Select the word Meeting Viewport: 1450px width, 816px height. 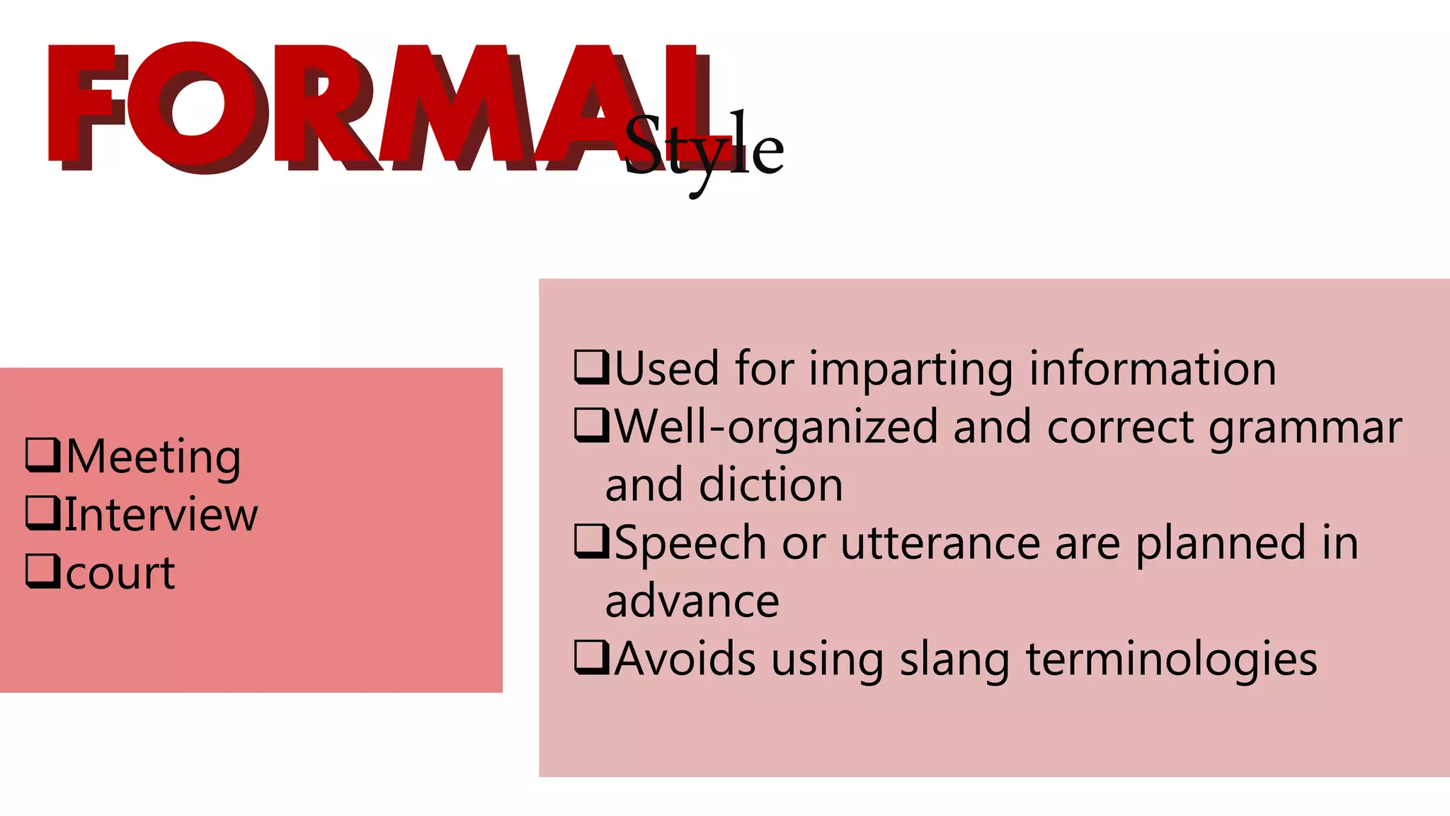coord(154,457)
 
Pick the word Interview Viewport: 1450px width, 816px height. coord(161,515)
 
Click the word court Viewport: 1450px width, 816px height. coord(120,573)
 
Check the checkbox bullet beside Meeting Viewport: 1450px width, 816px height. coord(42,454)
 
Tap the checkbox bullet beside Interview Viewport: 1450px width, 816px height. coord(42,512)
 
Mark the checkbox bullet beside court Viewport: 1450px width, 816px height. coord(42,570)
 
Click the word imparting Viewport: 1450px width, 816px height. coord(910,370)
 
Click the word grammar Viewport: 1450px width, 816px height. coord(1305,429)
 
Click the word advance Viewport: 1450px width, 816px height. coord(692,601)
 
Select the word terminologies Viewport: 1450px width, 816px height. coord(1171,661)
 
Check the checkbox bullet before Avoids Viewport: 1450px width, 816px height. coord(591,657)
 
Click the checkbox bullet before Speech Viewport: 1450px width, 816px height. coord(591,541)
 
